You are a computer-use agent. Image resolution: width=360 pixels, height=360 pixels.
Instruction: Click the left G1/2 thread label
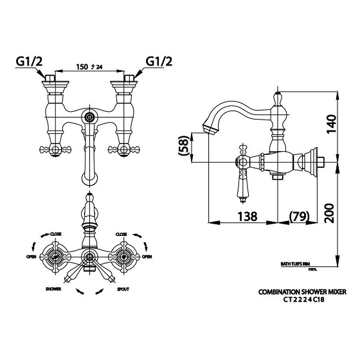[29, 62]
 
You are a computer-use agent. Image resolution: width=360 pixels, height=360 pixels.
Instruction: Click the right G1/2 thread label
[159, 62]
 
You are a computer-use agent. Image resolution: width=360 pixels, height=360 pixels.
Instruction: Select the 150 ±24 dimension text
[89, 67]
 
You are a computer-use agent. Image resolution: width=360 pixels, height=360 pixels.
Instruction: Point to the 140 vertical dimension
[330, 124]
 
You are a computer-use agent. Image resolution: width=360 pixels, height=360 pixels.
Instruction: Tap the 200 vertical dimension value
[329, 213]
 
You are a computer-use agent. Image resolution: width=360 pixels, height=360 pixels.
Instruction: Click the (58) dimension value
[184, 148]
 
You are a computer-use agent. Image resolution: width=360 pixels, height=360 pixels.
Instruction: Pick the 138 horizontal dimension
[248, 217]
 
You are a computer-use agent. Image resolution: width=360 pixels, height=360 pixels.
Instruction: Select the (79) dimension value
[300, 217]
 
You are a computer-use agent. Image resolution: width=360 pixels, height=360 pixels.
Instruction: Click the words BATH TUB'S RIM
[296, 264]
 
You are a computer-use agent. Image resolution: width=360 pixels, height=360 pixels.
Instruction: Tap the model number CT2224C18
[303, 300]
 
